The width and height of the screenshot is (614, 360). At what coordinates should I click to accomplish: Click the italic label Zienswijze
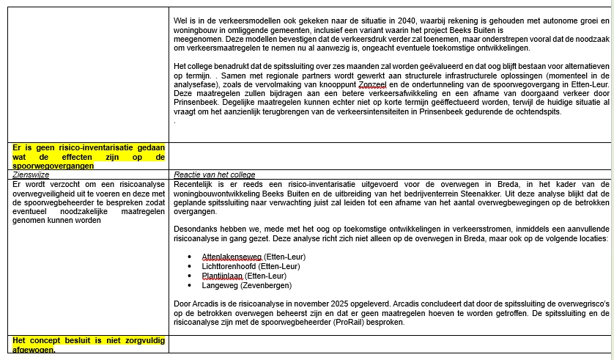point(31,175)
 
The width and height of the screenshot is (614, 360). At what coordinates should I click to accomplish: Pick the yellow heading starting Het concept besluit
point(88,341)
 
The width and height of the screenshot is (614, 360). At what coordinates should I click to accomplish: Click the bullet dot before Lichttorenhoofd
point(191,266)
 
